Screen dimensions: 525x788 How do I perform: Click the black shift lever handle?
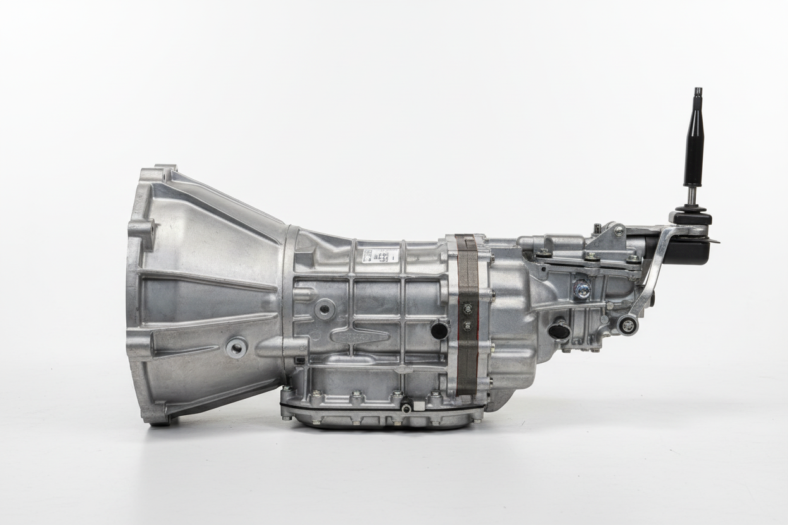(694, 148)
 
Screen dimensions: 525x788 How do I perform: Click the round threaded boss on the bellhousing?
(236, 347)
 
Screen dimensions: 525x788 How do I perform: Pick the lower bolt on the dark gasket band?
(468, 326)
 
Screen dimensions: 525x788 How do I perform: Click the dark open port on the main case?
(439, 329)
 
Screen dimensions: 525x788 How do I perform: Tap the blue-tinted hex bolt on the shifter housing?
(583, 290)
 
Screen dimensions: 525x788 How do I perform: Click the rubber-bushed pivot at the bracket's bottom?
(627, 325)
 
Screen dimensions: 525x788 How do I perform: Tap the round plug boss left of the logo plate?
(325, 309)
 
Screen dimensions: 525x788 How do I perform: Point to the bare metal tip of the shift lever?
(698, 94)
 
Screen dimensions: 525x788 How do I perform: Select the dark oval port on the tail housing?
(559, 330)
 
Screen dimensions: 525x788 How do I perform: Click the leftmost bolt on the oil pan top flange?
(314, 396)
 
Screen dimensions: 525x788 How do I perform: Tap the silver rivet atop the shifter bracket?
(619, 230)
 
